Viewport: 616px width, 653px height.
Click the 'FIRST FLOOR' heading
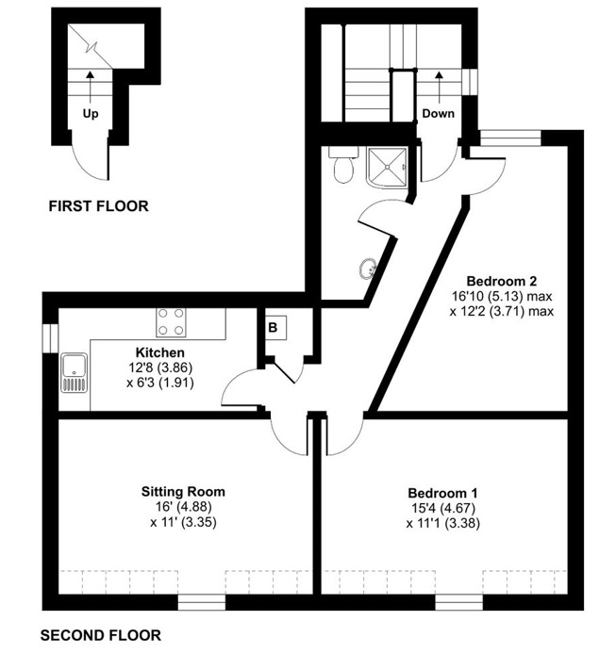point(98,206)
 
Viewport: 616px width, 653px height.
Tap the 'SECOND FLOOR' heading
point(101,634)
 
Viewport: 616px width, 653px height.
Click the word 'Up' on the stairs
point(91,114)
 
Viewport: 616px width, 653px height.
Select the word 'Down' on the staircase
point(438,113)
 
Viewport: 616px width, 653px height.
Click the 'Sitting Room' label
point(183,492)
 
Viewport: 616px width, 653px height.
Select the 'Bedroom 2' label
point(502,281)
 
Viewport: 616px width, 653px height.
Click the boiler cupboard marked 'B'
point(273,329)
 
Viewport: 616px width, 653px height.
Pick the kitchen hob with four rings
point(171,322)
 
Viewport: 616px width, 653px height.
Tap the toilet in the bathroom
point(343,167)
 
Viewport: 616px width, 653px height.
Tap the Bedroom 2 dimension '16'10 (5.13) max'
point(502,296)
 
